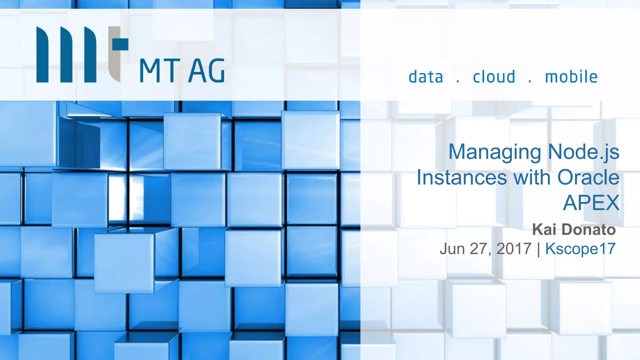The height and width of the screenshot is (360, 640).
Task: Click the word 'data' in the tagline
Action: point(426,77)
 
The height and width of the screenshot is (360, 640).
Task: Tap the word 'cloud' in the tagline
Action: point(494,77)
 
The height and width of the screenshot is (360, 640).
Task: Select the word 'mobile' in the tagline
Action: point(571,77)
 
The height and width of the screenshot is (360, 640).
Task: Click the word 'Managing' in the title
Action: point(495,152)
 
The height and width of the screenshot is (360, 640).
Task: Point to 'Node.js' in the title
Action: point(583,152)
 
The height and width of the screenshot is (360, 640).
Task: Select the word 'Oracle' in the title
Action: point(588,177)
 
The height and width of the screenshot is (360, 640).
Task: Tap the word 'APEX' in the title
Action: point(591,203)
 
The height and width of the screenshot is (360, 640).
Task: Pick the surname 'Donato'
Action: point(588,229)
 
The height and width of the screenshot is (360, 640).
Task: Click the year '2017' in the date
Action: point(514,249)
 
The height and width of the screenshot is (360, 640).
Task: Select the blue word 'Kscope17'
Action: point(580,249)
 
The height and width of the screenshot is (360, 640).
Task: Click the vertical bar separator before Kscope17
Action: point(538,249)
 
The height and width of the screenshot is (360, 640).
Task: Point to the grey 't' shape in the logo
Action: point(116,53)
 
